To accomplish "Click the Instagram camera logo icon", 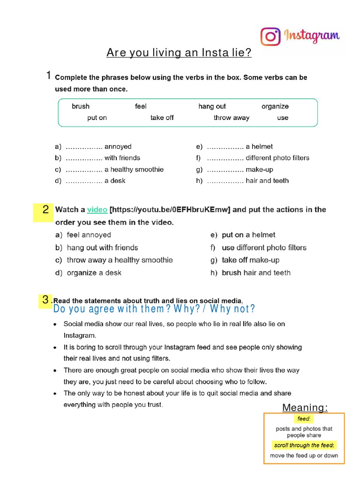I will pos(270,36).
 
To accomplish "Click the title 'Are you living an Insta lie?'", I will pos(179,53).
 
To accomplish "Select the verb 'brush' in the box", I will pos(81,106).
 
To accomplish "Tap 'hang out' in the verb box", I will pos(212,106).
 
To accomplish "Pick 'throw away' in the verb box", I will pos(232,118).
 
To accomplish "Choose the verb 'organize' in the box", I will pos(275,106).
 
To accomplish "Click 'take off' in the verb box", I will pos(162,118).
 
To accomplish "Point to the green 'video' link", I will pos(97,210).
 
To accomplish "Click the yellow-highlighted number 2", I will pos(45,210).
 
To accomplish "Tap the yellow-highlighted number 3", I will pos(45,300).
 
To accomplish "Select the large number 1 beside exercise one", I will pos(48,75).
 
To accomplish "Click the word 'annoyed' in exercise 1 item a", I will pos(118,147).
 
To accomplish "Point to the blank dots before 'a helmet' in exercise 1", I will pos(225,147).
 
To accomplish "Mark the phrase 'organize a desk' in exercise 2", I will pos(94,273).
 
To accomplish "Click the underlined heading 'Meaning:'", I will pos(305,408).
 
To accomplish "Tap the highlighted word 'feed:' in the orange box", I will pos(304,419).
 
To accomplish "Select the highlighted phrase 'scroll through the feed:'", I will pos(304,445).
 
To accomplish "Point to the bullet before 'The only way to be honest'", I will pos(56,394).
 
